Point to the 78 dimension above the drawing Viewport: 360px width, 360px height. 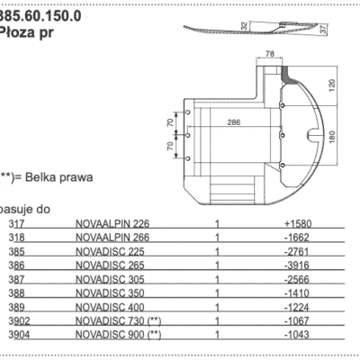(270, 56)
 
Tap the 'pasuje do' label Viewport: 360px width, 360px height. (24, 208)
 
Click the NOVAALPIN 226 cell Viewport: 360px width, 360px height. (114, 222)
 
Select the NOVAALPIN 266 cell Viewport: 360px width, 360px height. (114, 236)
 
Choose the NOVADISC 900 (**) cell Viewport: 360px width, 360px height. (119, 335)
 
